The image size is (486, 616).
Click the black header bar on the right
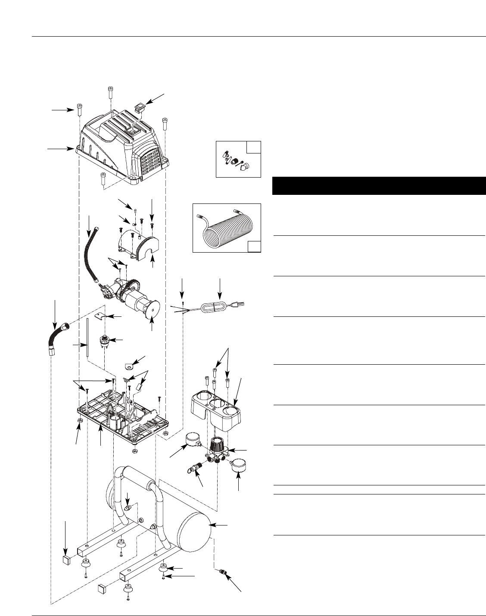click(x=379, y=186)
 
